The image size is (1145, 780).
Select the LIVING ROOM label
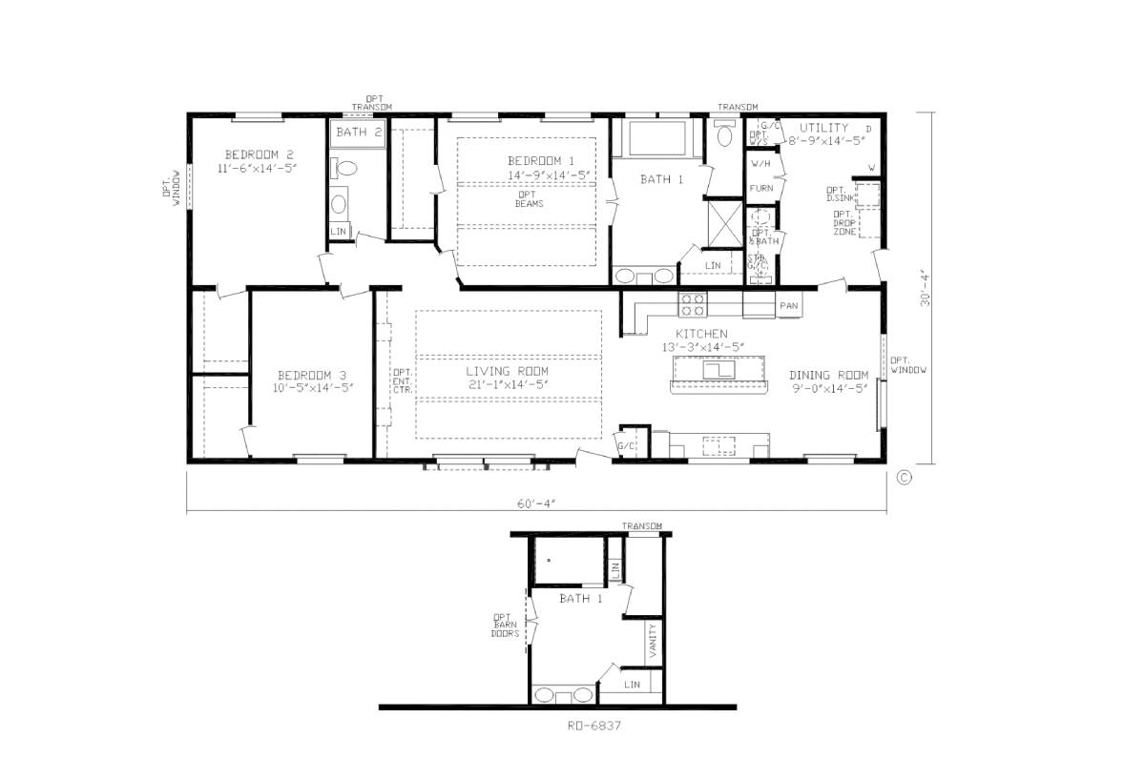(507, 372)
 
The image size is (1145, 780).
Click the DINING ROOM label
(827, 375)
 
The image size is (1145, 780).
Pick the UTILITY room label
(823, 128)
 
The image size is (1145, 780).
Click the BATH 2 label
(359, 133)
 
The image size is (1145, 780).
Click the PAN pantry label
(789, 306)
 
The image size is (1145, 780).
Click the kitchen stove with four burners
(692, 304)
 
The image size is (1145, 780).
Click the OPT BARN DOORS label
(504, 625)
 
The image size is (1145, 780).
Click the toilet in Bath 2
(345, 170)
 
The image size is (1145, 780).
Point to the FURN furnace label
(760, 189)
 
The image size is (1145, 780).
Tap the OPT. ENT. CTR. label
(402, 381)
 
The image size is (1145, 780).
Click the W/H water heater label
(760, 162)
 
